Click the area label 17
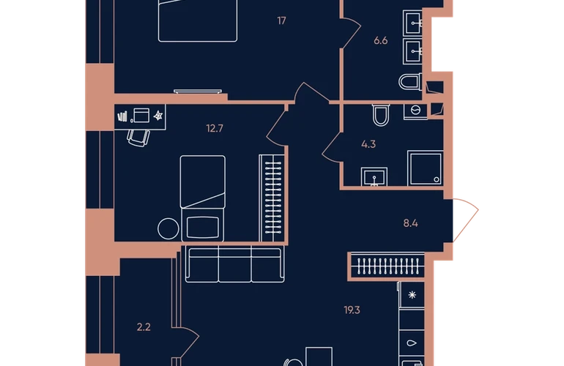coord(282,20)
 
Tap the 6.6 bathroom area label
coord(381,41)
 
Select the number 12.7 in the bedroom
coord(215,128)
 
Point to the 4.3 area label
coord(368,144)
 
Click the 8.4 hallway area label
coord(410,224)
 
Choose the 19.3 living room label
coord(352,310)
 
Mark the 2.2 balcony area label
coord(144,327)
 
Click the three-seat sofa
coord(235,264)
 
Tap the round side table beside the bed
coord(168,228)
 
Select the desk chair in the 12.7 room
coord(138,138)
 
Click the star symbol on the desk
coord(158,116)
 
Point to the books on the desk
coord(122,116)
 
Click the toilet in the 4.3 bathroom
coord(381,115)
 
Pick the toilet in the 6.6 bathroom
coord(410,82)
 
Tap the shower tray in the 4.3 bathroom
coord(425,168)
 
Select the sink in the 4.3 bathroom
coord(374,176)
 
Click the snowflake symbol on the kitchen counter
coord(412,295)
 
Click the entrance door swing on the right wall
coord(466,220)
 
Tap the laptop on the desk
coord(141,116)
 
